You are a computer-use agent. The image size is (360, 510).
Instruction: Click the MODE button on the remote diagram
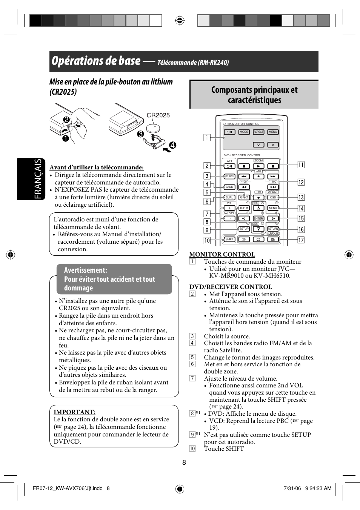pyautogui.click(x=244, y=132)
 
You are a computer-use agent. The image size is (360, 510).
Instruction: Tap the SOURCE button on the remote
pyautogui.click(x=229, y=176)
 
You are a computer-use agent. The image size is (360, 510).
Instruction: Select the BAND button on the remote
pyautogui.click(x=229, y=187)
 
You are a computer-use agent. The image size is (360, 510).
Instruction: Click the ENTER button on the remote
pyautogui.click(x=258, y=218)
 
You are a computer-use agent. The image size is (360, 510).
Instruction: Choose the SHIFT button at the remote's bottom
pyautogui.click(x=229, y=239)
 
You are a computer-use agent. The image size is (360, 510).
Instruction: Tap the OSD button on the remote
pyautogui.click(x=273, y=197)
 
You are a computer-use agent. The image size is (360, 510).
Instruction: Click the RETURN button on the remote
pyautogui.click(x=273, y=229)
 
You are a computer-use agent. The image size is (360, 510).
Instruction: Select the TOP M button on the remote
pyautogui.click(x=244, y=208)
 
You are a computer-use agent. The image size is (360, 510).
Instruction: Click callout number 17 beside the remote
pyautogui.click(x=301, y=240)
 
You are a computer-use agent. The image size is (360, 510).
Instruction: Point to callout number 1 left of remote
pyautogui.click(x=207, y=137)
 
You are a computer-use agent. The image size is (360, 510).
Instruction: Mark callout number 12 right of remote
pyautogui.click(x=301, y=182)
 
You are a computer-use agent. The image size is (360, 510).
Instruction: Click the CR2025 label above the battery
pyautogui.click(x=158, y=115)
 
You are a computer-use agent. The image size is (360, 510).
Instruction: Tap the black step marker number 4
pyautogui.click(x=173, y=145)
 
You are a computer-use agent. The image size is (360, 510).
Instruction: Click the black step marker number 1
pyautogui.click(x=66, y=138)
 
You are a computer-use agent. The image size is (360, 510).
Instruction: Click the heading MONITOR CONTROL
pyautogui.click(x=222, y=254)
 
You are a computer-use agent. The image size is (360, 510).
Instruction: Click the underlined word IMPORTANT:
pyautogui.click(x=74, y=412)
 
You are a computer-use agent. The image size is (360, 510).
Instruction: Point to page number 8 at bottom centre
pyautogui.click(x=184, y=462)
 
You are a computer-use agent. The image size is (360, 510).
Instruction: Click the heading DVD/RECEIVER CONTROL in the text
pyautogui.click(x=231, y=287)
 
